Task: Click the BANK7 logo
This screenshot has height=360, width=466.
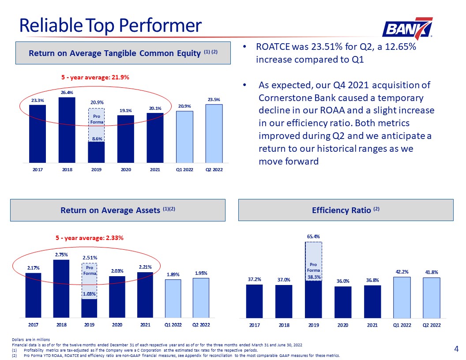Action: (407, 29)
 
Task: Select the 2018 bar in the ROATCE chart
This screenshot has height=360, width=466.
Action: (67, 130)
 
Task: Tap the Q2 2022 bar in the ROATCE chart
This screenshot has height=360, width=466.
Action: (214, 133)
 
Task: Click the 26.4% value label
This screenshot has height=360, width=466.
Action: (67, 92)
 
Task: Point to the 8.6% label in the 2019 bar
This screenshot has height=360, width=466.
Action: (97, 139)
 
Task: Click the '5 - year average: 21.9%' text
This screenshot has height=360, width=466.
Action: (95, 77)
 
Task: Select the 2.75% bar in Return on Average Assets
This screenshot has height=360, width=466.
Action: (61, 289)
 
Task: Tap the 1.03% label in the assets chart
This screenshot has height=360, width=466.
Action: (89, 294)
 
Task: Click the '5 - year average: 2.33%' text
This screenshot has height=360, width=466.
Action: (90, 238)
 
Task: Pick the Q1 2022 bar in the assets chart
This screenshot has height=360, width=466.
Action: (173, 299)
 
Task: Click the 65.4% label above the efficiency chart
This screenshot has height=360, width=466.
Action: (313, 236)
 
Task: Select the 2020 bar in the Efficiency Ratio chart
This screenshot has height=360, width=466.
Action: (343, 302)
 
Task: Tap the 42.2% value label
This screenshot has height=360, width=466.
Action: (402, 271)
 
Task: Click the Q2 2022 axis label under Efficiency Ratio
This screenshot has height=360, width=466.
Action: (432, 325)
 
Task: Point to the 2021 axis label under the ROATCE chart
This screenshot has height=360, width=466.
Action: (155, 169)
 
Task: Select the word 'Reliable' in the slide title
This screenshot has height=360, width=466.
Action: (51, 25)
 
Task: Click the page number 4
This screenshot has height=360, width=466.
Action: (456, 349)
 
